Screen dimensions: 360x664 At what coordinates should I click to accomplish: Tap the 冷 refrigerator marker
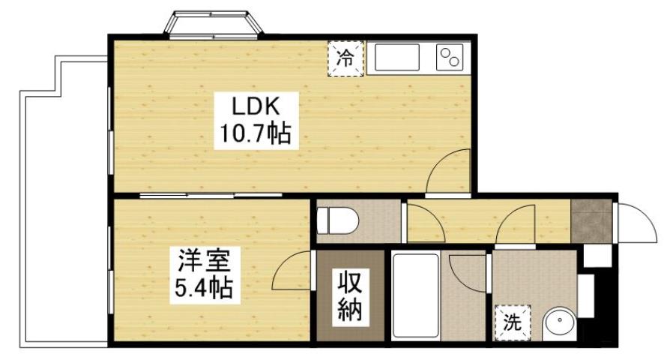coord(345,58)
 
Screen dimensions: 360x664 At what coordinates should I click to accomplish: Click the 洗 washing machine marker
coord(512,323)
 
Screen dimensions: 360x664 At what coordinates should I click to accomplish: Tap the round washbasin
coord(558,324)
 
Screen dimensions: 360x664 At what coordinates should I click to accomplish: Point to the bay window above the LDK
coord(214,24)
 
